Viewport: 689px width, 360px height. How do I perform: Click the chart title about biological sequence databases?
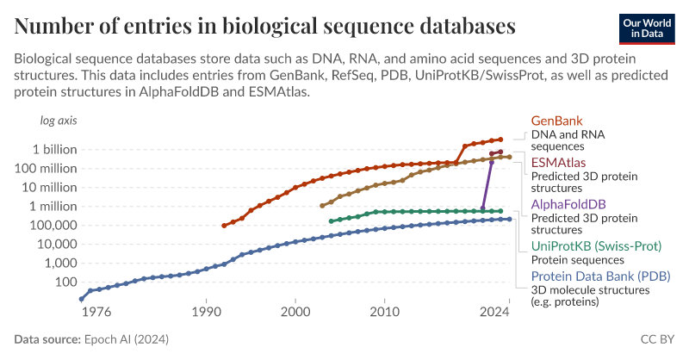click(x=265, y=26)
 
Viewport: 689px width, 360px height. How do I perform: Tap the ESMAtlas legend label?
click(x=559, y=162)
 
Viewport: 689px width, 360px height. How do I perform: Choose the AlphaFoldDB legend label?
click(x=568, y=204)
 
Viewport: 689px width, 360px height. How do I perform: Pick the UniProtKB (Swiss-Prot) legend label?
click(x=596, y=246)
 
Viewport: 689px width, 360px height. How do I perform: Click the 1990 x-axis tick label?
click(x=206, y=311)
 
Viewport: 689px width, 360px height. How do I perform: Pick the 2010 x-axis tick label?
click(x=384, y=311)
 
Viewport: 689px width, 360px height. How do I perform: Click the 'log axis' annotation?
click(x=59, y=121)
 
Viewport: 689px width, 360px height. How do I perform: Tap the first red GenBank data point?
click(x=224, y=226)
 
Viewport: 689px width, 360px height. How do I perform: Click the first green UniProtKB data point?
click(x=332, y=221)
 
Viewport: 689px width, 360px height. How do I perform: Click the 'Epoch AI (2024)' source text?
click(x=121, y=339)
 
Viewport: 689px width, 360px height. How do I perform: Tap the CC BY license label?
click(x=658, y=339)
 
